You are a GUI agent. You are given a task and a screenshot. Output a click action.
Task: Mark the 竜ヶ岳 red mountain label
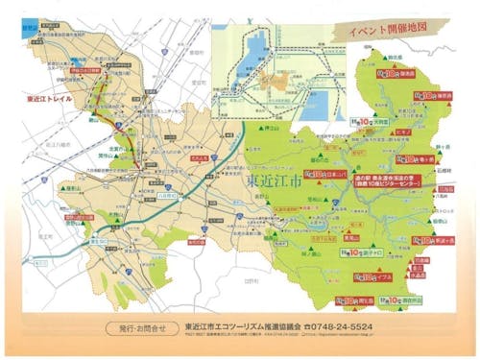coord(423,158)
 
